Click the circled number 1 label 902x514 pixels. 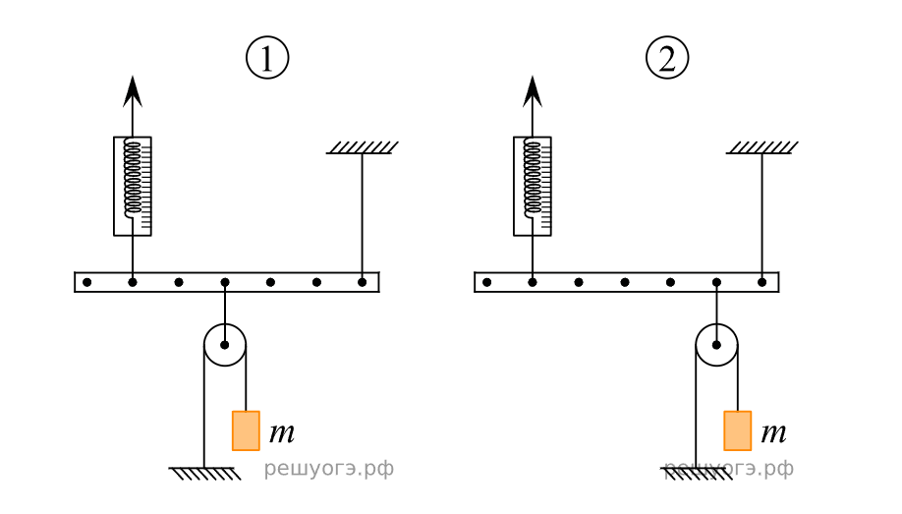[x=266, y=59]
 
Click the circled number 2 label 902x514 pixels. [x=667, y=59]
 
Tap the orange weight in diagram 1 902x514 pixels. [x=246, y=430]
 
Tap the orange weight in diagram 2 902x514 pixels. [x=737, y=430]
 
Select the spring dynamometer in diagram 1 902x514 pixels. [x=133, y=186]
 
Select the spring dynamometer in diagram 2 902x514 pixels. [x=533, y=186]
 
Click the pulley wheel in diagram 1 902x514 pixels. [x=225, y=345]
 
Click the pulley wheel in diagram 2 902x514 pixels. [x=716, y=345]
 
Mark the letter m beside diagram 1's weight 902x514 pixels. [x=281, y=431]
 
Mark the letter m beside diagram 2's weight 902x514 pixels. [x=773, y=431]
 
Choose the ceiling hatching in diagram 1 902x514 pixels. [x=363, y=147]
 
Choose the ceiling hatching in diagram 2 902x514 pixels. [x=762, y=147]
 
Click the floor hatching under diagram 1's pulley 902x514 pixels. [x=205, y=474]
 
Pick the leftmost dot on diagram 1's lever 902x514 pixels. [x=87, y=282]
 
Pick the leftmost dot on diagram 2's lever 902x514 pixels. [x=487, y=282]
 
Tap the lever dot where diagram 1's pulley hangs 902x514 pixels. [x=225, y=282]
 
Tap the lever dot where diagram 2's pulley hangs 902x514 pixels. [x=716, y=282]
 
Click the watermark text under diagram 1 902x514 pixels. [x=328, y=470]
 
